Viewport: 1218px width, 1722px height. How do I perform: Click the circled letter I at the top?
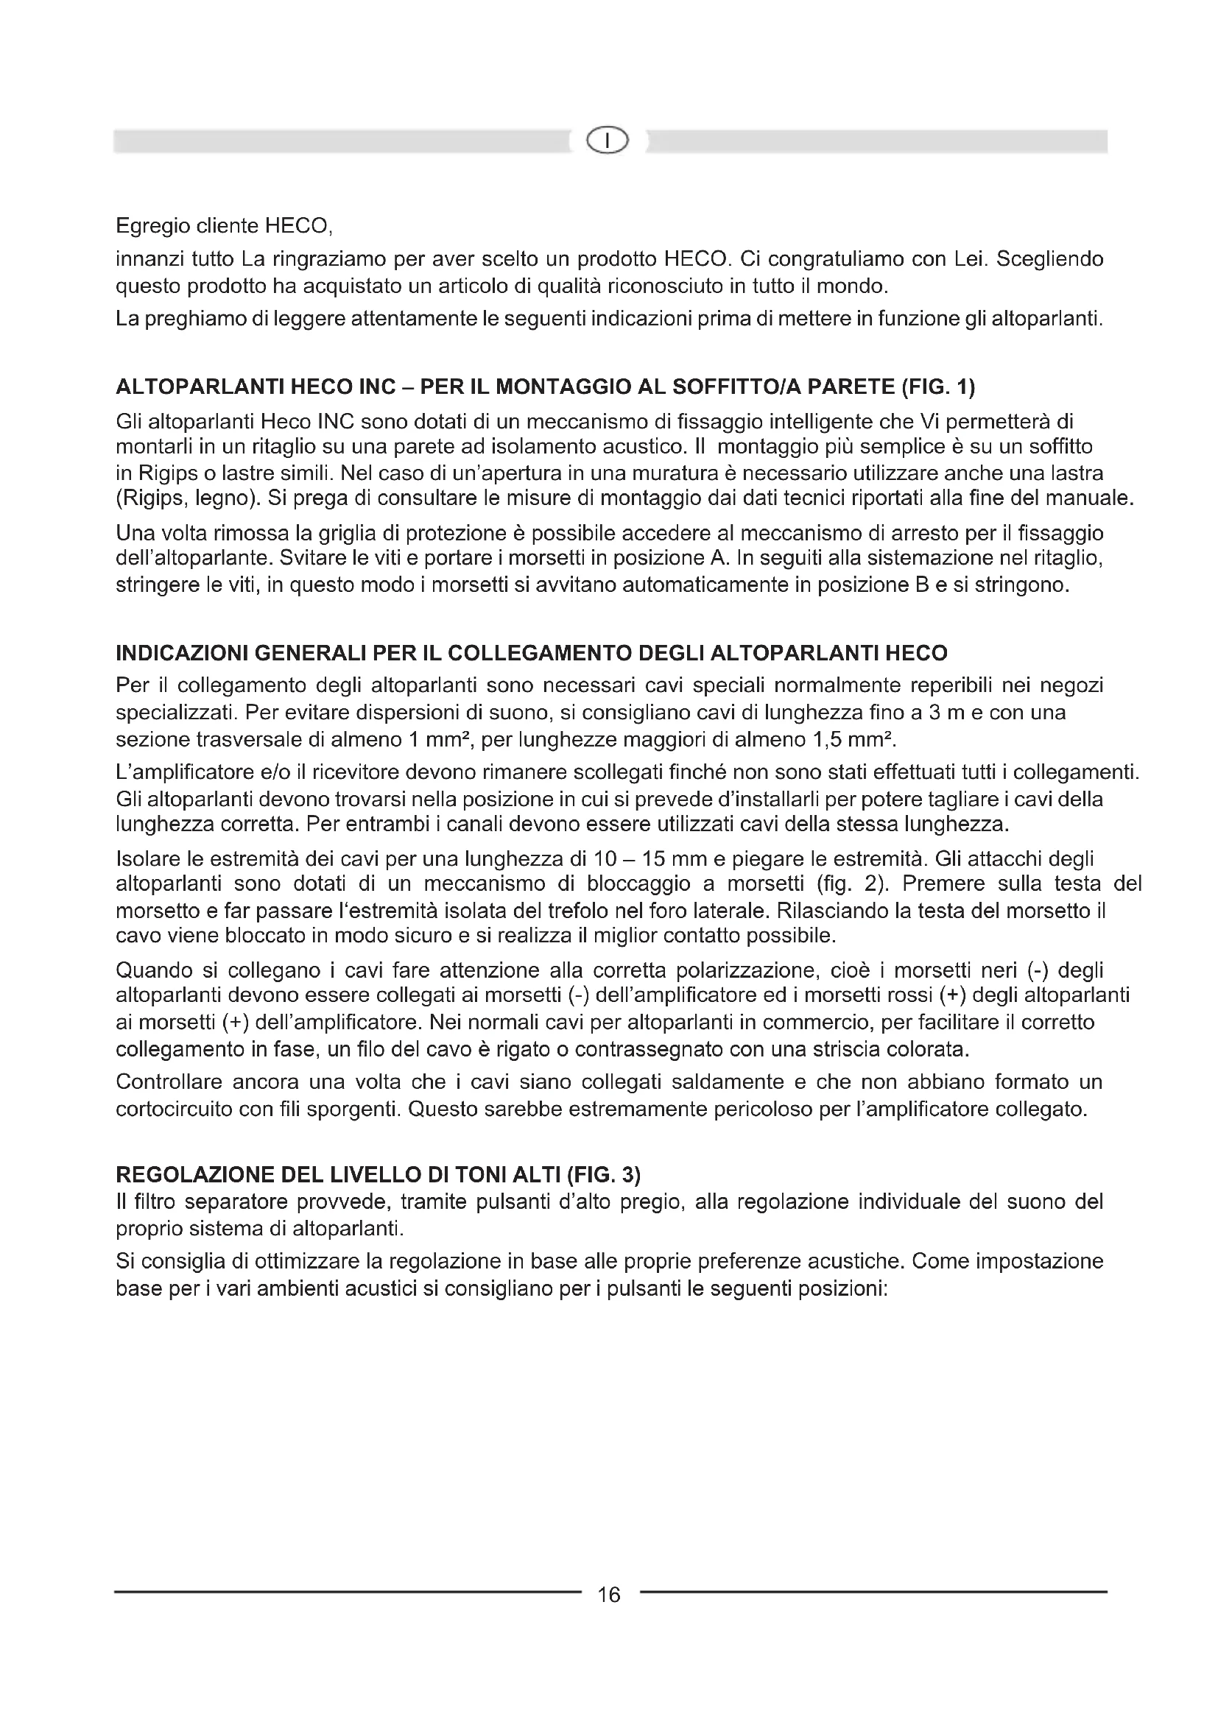(x=608, y=141)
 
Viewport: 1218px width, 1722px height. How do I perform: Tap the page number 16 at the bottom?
(x=608, y=1595)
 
